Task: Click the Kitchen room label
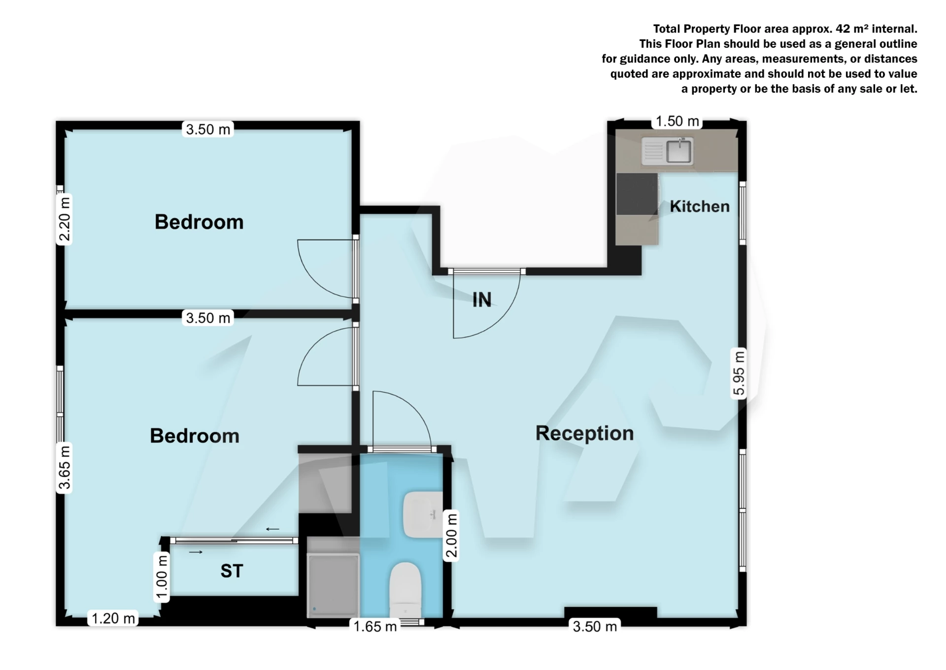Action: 699,206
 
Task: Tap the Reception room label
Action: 584,434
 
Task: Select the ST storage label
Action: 232,571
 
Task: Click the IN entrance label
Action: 482,300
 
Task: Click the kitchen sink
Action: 678,151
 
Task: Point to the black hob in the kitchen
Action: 637,194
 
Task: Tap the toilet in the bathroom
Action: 405,589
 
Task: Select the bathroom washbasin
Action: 422,514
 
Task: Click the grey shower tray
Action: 333,584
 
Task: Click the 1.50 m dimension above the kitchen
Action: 677,121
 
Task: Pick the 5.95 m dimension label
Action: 739,373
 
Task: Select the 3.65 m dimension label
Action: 65,468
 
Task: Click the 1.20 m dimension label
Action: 113,618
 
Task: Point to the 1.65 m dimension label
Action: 375,627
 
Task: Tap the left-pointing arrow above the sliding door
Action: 272,529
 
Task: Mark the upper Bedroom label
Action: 199,222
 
